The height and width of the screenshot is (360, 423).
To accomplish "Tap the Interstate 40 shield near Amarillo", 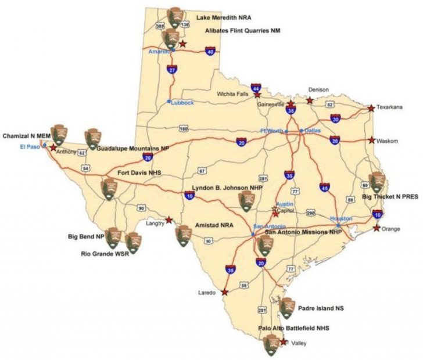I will click(x=210, y=52).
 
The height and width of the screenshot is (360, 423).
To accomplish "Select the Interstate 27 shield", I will click(x=171, y=70).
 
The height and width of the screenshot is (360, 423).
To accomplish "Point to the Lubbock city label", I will click(x=182, y=102).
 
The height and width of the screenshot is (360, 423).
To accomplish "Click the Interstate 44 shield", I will click(x=256, y=88).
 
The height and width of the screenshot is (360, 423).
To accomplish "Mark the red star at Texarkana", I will click(x=371, y=108).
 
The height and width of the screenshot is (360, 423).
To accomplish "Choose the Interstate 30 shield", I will click(x=335, y=119).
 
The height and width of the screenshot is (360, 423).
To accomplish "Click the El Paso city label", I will click(x=28, y=146).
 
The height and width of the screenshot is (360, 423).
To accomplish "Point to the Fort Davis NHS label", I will click(x=139, y=173).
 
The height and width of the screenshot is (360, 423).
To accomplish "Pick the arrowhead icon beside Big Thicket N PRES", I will click(x=377, y=182).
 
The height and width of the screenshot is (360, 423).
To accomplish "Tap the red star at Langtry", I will click(x=169, y=220).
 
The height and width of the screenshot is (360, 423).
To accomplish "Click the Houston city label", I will click(x=341, y=218).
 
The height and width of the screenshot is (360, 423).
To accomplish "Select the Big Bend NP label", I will click(x=85, y=237).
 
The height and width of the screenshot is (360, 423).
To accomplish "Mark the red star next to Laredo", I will click(x=225, y=292).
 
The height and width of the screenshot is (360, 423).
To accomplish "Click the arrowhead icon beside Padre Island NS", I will click(x=286, y=308).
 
